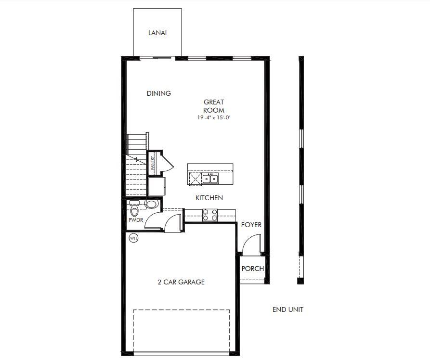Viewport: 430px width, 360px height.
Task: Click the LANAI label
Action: [x=157, y=33]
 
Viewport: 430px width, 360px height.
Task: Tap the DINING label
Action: [x=159, y=93]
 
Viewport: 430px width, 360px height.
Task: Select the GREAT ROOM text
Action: [x=214, y=106]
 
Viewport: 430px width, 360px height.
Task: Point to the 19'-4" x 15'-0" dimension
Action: [x=214, y=117]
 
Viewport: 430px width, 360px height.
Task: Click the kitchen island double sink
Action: [x=210, y=179]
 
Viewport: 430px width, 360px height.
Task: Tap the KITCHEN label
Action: [x=209, y=198]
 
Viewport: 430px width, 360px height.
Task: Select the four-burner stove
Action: [x=210, y=215]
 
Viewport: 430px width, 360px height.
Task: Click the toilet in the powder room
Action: [x=135, y=209]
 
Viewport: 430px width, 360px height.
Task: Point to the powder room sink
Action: [x=151, y=204]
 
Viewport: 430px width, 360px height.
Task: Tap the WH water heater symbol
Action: [x=133, y=238]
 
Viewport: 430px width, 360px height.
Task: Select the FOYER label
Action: [x=251, y=224]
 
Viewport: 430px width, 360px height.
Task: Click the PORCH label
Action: [x=252, y=269]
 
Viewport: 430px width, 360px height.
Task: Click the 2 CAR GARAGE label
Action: [x=181, y=282]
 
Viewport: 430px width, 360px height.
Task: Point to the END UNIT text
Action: [x=288, y=309]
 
